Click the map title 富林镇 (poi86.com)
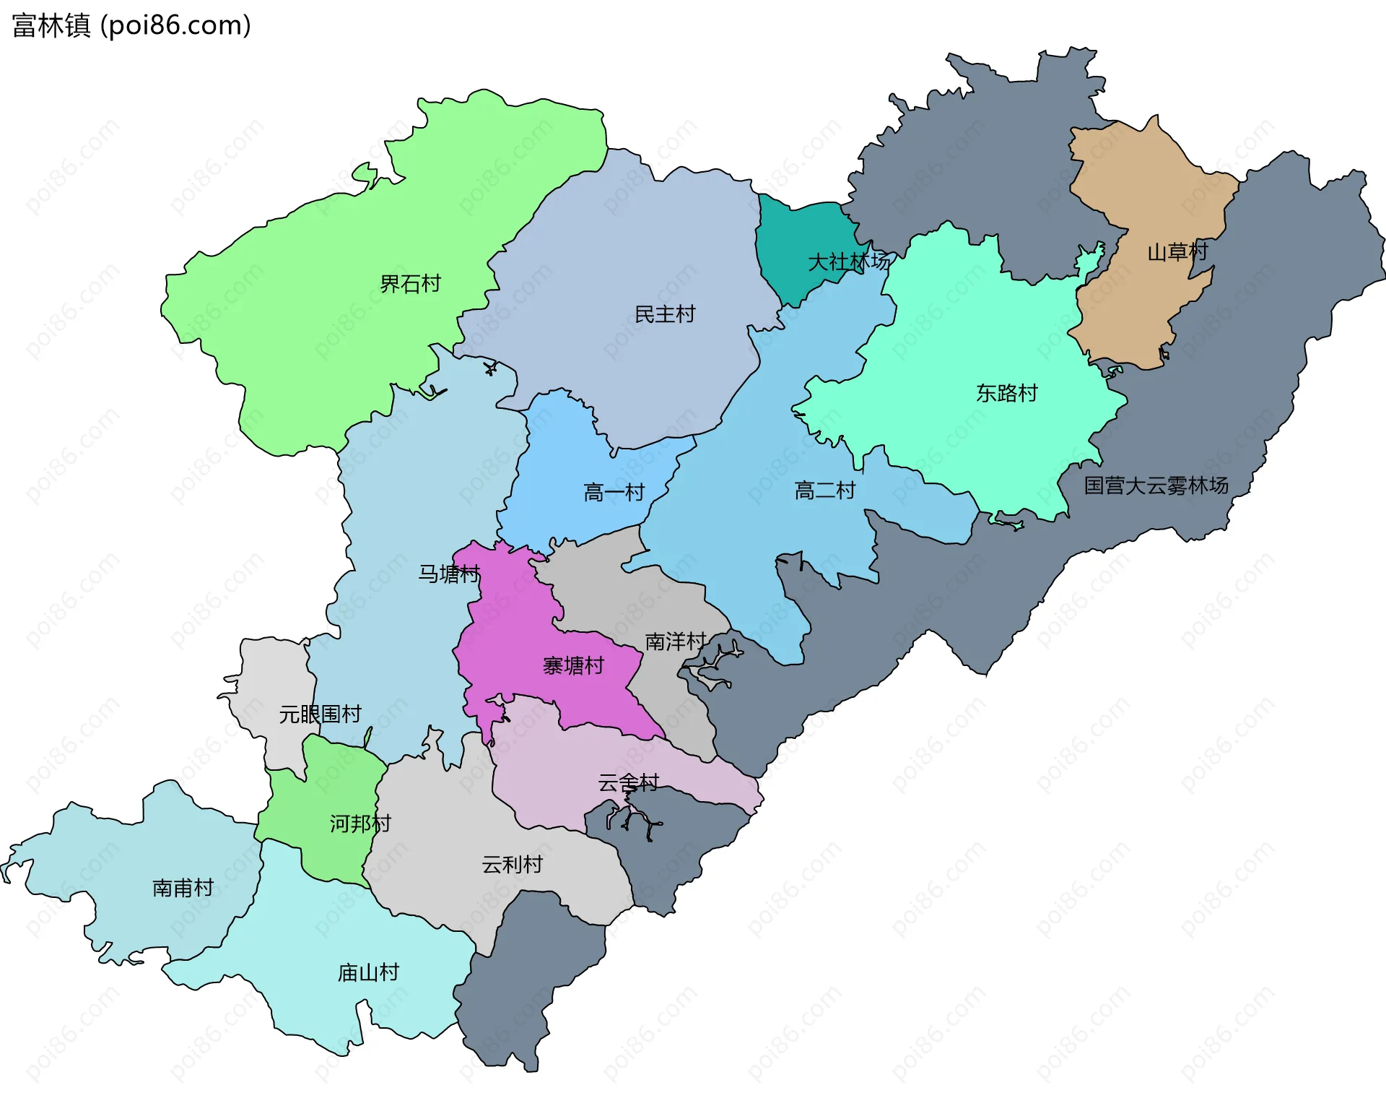click(131, 25)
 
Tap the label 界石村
click(410, 284)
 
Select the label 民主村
click(664, 314)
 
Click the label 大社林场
click(848, 262)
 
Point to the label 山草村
click(1177, 252)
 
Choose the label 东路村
click(1006, 393)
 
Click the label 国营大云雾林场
click(1156, 485)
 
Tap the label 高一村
click(614, 493)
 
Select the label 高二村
click(824, 491)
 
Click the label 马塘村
click(449, 574)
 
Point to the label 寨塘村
click(573, 665)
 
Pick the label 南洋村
click(675, 641)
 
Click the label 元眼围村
click(320, 714)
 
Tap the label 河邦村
click(360, 824)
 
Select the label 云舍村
click(628, 782)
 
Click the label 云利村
click(512, 865)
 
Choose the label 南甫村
click(183, 888)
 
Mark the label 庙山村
click(368, 972)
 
